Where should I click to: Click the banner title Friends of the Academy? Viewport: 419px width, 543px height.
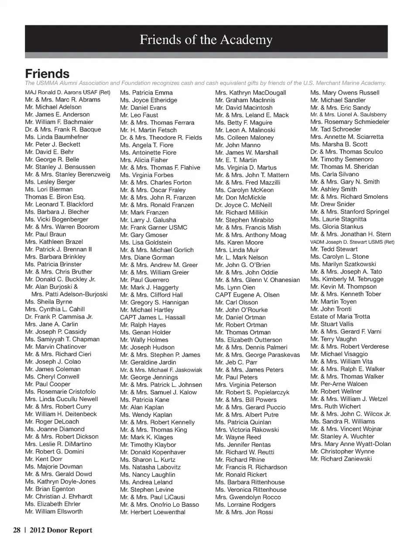point(206,40)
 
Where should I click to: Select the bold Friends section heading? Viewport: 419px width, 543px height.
point(47,73)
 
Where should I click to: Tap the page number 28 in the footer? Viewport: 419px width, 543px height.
point(17,530)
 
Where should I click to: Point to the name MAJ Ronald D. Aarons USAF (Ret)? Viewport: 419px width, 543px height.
point(68,92)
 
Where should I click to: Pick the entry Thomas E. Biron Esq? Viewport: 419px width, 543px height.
point(55,197)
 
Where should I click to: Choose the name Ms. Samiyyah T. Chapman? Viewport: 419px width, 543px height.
point(62,339)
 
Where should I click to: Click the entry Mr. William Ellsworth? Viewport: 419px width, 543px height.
point(54,511)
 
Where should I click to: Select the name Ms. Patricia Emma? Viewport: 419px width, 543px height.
point(146,92)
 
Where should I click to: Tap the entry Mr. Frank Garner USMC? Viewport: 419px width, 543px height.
point(154,227)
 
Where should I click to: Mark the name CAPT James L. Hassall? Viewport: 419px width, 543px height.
point(153,317)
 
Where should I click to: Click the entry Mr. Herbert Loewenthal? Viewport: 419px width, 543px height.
point(153,512)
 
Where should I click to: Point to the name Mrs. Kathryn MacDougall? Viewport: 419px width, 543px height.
point(251,92)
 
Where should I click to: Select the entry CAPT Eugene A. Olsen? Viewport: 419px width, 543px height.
point(247,295)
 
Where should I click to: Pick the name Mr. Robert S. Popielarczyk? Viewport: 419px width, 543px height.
point(252,392)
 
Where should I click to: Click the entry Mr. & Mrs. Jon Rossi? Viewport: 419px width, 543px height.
point(244,512)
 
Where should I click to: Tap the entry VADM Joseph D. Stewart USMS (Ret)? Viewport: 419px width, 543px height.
point(352,242)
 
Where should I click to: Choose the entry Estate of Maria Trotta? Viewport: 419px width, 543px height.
point(340,317)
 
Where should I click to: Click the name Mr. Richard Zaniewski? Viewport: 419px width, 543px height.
point(341,459)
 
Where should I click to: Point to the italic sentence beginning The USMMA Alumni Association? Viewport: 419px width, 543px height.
point(205,83)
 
